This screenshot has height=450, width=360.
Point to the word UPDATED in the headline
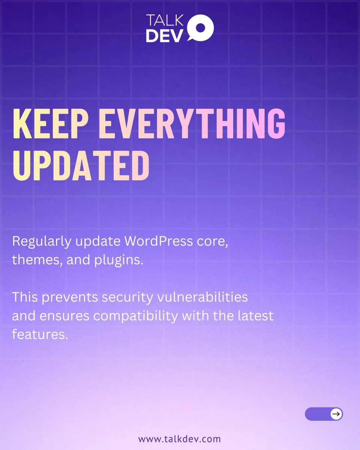[81, 165]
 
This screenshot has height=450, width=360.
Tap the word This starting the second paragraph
[25, 297]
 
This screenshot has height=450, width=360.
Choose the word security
[128, 297]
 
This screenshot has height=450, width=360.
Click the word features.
[40, 334]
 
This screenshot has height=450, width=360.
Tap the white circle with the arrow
[336, 414]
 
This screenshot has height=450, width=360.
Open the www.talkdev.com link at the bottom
[180, 438]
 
